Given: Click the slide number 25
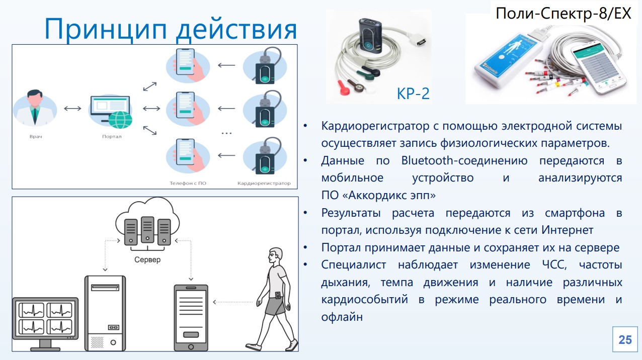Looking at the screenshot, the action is pos(625,340).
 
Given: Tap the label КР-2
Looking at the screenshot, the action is pos(413,94).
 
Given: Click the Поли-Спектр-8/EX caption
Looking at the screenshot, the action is pos(563,14).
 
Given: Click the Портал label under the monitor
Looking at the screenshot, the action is pos(112,137).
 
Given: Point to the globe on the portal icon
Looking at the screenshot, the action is pos(120,120).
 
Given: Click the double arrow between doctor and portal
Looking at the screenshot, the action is pos(72,109).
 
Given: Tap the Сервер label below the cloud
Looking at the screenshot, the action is pos(147,260).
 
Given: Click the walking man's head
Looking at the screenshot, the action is pos(275,256).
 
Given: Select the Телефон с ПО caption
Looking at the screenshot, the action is pos(188,184).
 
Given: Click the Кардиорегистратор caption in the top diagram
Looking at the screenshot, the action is pos(264,184).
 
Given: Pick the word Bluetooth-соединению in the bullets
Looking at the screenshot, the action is pos(464,161).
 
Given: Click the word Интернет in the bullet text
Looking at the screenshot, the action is pos(567,230).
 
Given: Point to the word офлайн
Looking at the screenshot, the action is pos(342,317).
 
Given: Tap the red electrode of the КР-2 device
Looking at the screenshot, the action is pos(344,88).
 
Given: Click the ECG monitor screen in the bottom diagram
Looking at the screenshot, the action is pos(45,318).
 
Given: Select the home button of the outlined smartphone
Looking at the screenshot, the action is pos(191,347).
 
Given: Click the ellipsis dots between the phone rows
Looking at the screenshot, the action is pos(226,133).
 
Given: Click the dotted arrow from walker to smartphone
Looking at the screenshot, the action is pos(233,302).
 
